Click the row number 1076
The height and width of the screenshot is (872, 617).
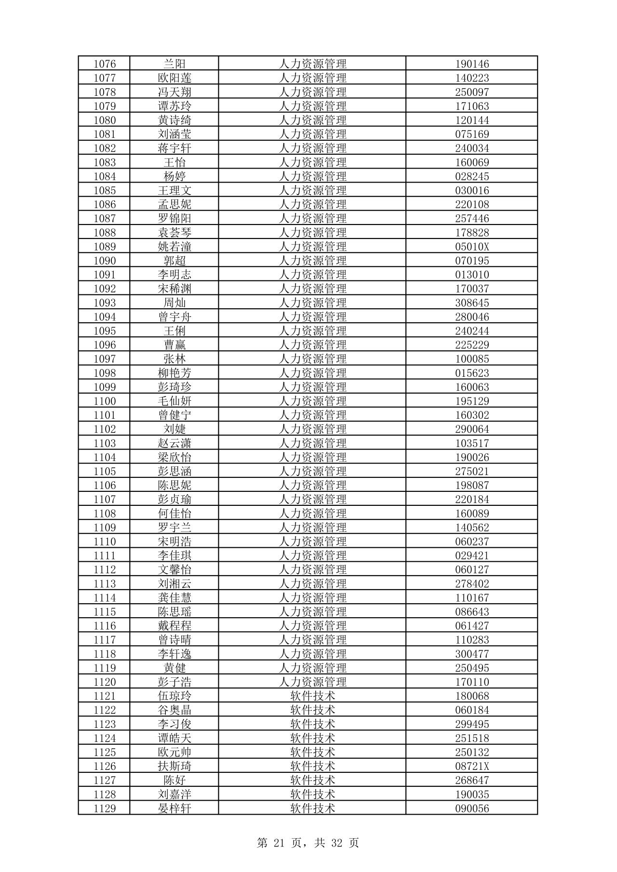[105, 64]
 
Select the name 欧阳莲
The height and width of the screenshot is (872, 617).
[174, 78]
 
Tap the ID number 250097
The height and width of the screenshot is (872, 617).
[472, 92]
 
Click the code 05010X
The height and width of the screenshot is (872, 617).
[472, 247]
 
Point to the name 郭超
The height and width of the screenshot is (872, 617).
[174, 261]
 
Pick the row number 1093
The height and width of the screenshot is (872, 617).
[105, 303]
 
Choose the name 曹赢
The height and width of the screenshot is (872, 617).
[174, 345]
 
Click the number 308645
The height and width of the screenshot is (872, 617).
[472, 303]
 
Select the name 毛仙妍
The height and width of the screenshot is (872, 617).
[174, 401]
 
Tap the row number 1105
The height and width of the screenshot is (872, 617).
[105, 471]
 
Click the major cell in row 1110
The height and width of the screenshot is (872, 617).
[312, 542]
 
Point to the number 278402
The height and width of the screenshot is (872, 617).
[472, 584]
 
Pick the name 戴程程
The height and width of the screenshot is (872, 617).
[174, 626]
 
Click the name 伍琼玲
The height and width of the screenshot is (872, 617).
[174, 696]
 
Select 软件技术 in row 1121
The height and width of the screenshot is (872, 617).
[312, 696]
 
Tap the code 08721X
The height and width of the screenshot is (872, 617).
[472, 766]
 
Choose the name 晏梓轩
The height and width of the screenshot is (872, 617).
[174, 808]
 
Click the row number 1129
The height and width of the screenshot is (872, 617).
[105, 808]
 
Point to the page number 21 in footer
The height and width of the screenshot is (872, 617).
[280, 843]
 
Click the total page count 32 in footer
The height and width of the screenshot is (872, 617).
[337, 843]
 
